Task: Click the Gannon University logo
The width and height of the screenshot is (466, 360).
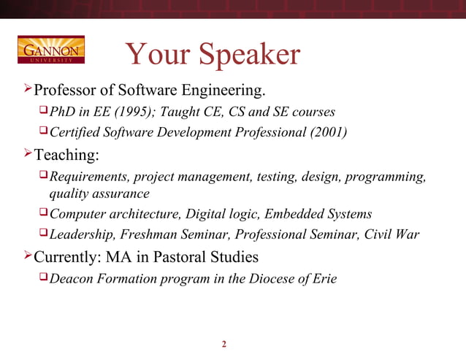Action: point(50,49)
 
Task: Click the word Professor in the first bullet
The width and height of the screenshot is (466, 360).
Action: point(68,91)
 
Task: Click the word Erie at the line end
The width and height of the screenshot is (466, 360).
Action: point(323,278)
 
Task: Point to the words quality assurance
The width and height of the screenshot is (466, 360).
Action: point(99,194)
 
